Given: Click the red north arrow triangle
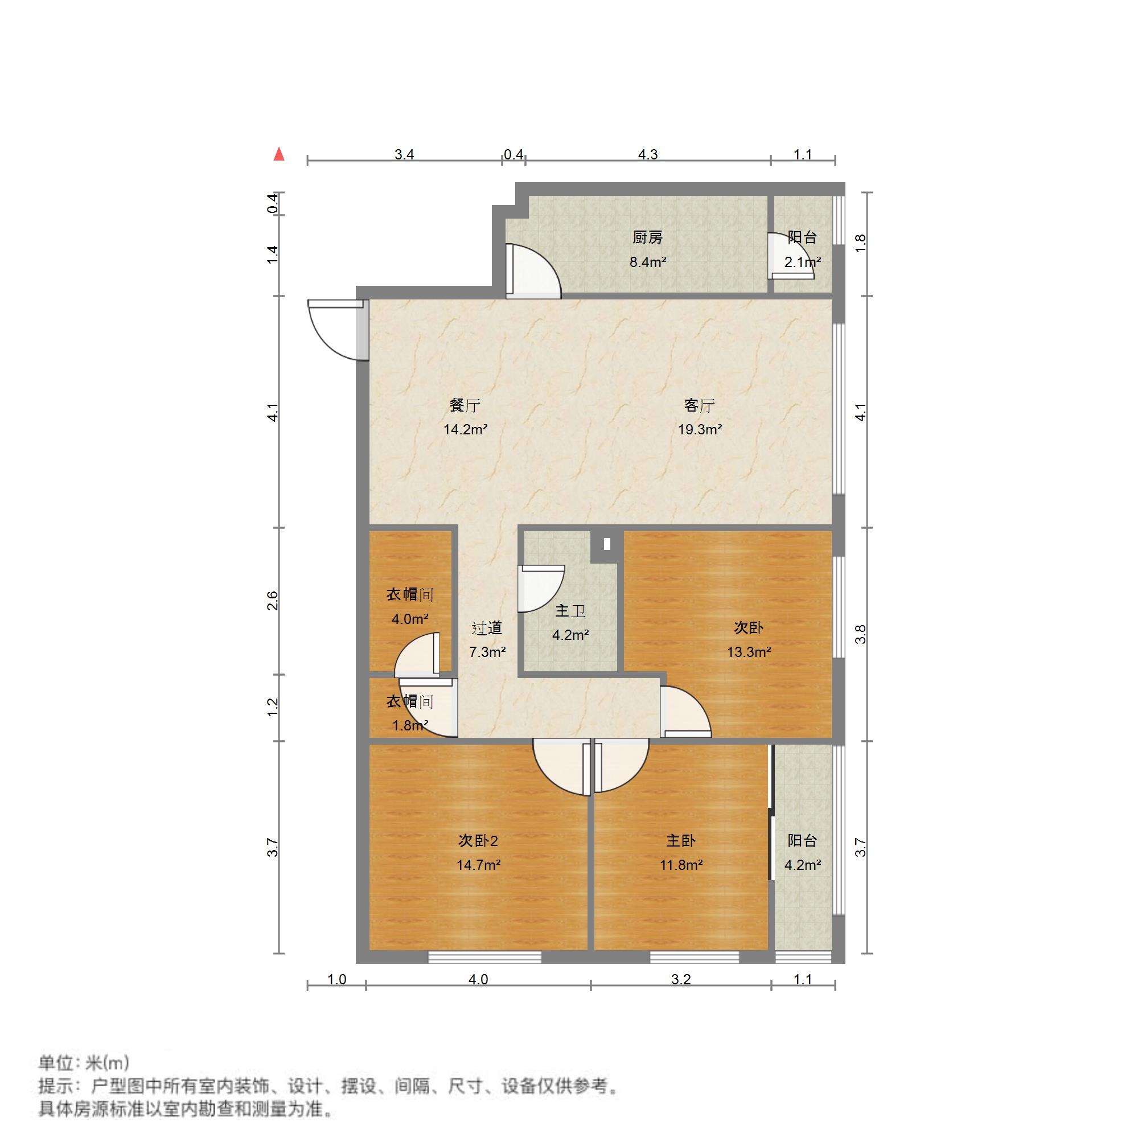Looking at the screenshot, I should click(279, 155).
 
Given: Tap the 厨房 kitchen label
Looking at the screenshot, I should click(647, 238).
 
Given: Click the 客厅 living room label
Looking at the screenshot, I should click(699, 406).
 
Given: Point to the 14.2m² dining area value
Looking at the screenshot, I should click(466, 430).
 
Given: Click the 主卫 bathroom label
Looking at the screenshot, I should click(570, 611).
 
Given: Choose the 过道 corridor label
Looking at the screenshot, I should click(487, 628).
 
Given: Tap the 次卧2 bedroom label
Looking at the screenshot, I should click(478, 840).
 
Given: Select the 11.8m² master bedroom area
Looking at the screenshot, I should click(681, 865).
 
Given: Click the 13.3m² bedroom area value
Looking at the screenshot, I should click(749, 652).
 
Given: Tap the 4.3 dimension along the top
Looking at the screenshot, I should click(648, 155).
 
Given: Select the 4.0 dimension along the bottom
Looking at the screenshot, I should click(478, 979).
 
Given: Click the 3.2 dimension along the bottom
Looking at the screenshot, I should click(681, 979).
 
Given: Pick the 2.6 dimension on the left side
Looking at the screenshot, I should click(272, 601).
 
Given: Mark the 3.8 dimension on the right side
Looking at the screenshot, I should click(860, 634).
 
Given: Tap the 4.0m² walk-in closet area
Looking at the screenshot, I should click(410, 619).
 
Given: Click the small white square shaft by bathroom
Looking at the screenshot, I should click(607, 543).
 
